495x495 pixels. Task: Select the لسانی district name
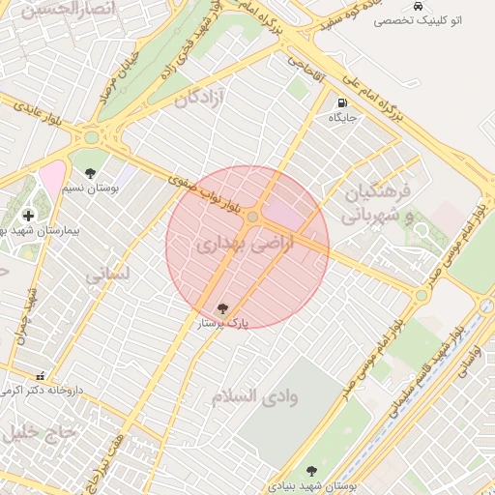coord(106,276)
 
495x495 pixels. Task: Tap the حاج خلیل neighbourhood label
coord(39,433)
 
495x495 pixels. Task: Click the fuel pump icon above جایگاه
coord(342,103)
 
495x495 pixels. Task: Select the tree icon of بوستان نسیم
coord(90,174)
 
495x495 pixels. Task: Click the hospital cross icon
coord(27,216)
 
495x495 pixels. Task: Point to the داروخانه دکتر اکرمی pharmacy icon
coord(40,375)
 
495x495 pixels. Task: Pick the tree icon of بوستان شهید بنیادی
coord(310,471)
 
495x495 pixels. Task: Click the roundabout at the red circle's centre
coord(253,218)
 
